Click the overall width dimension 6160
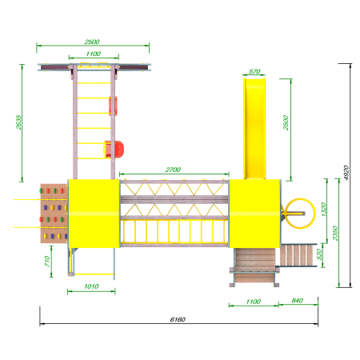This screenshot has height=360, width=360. (x=178, y=319)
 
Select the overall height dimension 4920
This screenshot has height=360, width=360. (x=346, y=173)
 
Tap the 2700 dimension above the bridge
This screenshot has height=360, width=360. (x=173, y=170)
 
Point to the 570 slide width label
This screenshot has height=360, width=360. (x=254, y=71)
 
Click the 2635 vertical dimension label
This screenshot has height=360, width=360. (x=18, y=122)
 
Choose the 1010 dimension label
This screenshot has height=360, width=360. (x=91, y=286)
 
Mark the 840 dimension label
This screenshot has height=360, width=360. (x=298, y=301)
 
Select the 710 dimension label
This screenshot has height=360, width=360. (x=47, y=261)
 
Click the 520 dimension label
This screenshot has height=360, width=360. (x=319, y=254)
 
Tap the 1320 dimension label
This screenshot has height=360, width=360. (x=324, y=210)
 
